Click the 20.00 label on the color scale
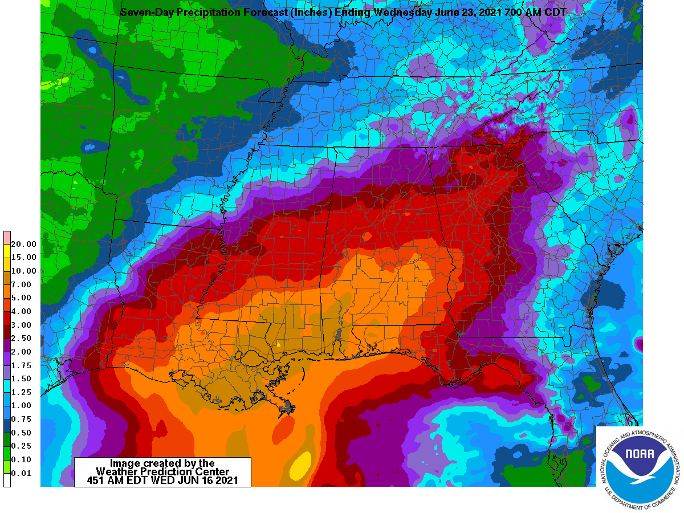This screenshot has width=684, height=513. pos(23,244)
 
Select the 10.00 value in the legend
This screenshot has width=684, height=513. pos(23,271)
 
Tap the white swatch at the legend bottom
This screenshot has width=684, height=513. pos(7,480)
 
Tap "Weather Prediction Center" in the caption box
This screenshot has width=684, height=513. pos(162,472)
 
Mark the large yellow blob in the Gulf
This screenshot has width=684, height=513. pos(300,465)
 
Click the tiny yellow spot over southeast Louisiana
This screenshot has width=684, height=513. pos(278,344)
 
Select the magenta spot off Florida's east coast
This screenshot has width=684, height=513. pos(639,345)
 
